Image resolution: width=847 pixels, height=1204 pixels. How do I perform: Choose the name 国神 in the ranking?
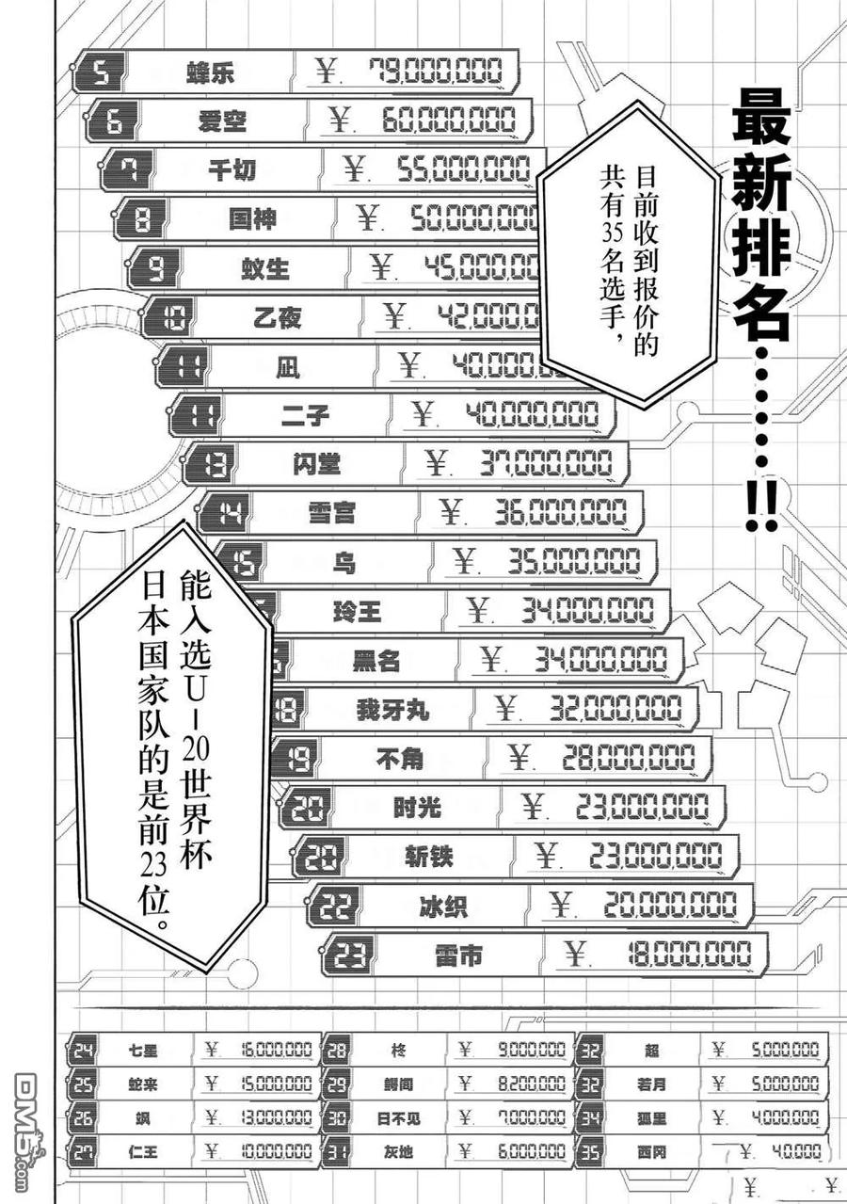point(252,219)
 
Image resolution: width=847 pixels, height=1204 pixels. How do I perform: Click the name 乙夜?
point(279,318)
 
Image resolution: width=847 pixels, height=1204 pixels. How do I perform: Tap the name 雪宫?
point(331,513)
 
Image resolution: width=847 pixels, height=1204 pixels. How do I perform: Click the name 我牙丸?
point(392,709)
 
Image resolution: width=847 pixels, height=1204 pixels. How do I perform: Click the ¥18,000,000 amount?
point(658,955)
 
